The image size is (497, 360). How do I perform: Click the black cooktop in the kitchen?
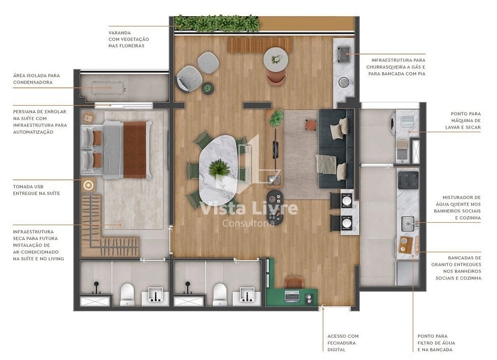click(x=408, y=178)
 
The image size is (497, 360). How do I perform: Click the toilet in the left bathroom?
click(x=127, y=293)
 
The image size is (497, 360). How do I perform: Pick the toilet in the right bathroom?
click(x=220, y=293)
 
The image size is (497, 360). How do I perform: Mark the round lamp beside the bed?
click(x=88, y=185)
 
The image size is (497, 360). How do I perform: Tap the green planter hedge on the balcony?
click(x=217, y=22)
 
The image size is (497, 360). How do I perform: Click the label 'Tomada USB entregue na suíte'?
click(x=37, y=190)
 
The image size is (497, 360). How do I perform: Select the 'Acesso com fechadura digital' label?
click(x=343, y=342)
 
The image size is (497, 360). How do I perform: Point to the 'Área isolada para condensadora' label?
click(x=33, y=79)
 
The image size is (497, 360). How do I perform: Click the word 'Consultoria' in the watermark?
click(x=248, y=223)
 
